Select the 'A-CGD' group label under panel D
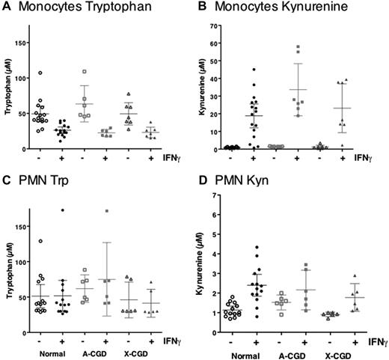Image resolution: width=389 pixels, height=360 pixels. pos(292,349)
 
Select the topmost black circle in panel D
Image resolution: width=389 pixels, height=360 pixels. pos(256,248)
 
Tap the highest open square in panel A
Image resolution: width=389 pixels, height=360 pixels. pos(85,72)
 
